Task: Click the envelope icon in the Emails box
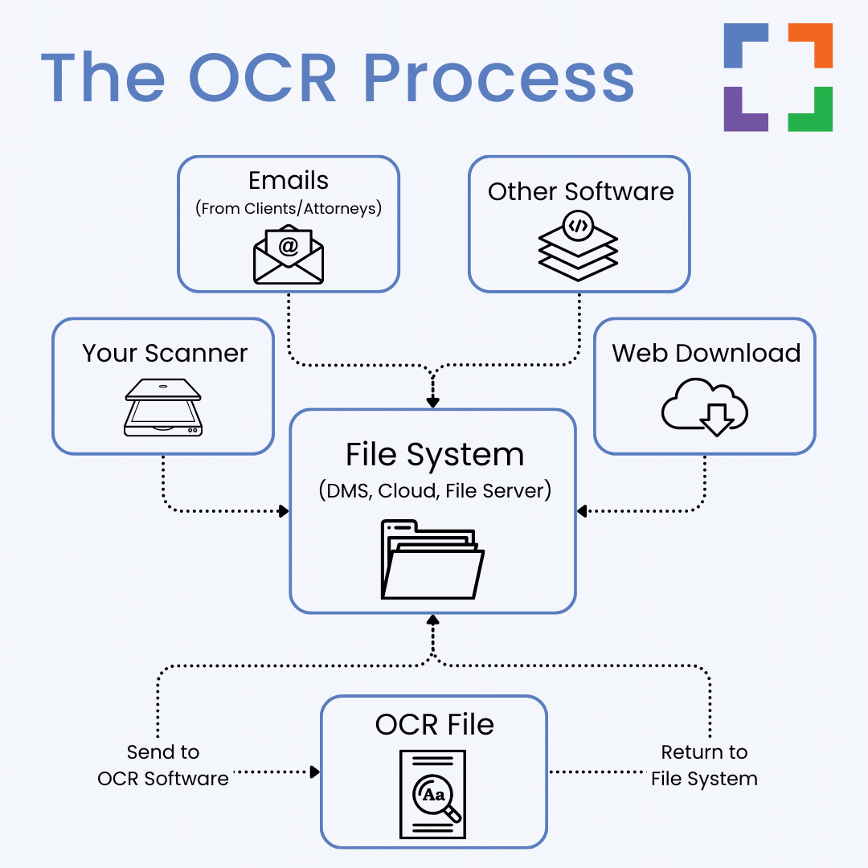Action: click(x=289, y=255)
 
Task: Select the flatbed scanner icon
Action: click(x=163, y=407)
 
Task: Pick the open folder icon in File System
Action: click(x=432, y=559)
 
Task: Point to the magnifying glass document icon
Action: click(x=433, y=794)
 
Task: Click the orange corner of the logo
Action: click(x=811, y=45)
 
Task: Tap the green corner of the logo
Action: click(x=811, y=109)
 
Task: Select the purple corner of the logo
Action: click(x=746, y=109)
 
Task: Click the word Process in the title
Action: click(x=498, y=78)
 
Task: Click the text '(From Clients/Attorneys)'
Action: click(x=289, y=208)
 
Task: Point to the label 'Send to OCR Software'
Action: click(x=162, y=765)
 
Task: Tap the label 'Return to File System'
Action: click(x=704, y=765)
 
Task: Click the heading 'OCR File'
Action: click(x=435, y=724)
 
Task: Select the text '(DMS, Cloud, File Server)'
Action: click(x=435, y=490)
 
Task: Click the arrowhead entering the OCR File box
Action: click(x=315, y=772)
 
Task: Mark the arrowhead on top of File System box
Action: click(x=433, y=402)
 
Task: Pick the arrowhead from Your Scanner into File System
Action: click(x=284, y=511)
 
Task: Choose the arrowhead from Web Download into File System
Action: click(x=582, y=511)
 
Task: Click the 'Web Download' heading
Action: click(x=706, y=353)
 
